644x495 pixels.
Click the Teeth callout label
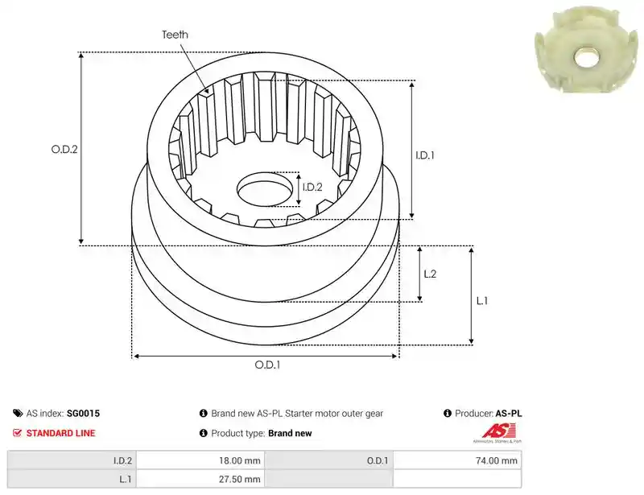point(175,35)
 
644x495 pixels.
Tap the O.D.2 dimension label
point(64,149)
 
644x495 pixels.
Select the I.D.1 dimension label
point(425,155)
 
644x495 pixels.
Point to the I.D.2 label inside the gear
point(312,188)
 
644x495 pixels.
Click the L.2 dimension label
point(430,274)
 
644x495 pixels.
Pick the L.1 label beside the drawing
point(482,301)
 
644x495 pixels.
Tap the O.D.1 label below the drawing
point(267,365)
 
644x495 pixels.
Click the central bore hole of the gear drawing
point(265,189)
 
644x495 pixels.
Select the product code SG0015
point(84,413)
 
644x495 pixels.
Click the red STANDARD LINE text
point(61,433)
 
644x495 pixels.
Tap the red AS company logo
point(497,433)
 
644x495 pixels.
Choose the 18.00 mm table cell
point(200,460)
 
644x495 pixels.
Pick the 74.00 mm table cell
point(457,460)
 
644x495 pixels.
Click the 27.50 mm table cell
point(200,479)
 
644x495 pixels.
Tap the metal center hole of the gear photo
point(587,57)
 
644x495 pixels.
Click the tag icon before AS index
point(18,413)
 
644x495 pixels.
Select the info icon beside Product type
point(204,433)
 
